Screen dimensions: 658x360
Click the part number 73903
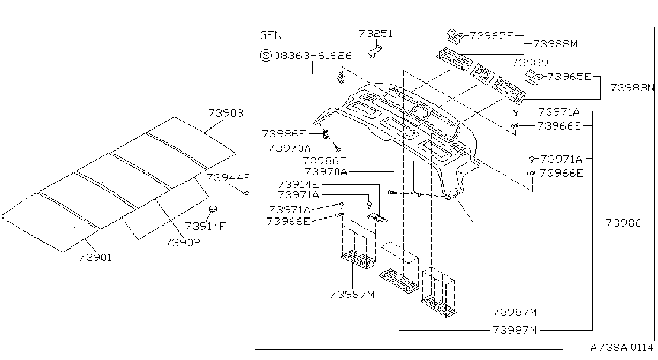(x=225, y=113)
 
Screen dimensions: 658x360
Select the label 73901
(x=95, y=258)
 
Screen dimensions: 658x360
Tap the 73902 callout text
(x=183, y=243)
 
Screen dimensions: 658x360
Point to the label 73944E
(x=228, y=177)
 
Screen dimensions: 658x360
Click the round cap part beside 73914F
(x=213, y=209)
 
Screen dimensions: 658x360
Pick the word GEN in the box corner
(x=271, y=35)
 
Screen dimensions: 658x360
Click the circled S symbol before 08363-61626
(x=266, y=55)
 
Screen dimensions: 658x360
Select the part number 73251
(x=375, y=34)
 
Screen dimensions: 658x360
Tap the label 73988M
(x=555, y=44)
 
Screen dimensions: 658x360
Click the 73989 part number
(x=530, y=63)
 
